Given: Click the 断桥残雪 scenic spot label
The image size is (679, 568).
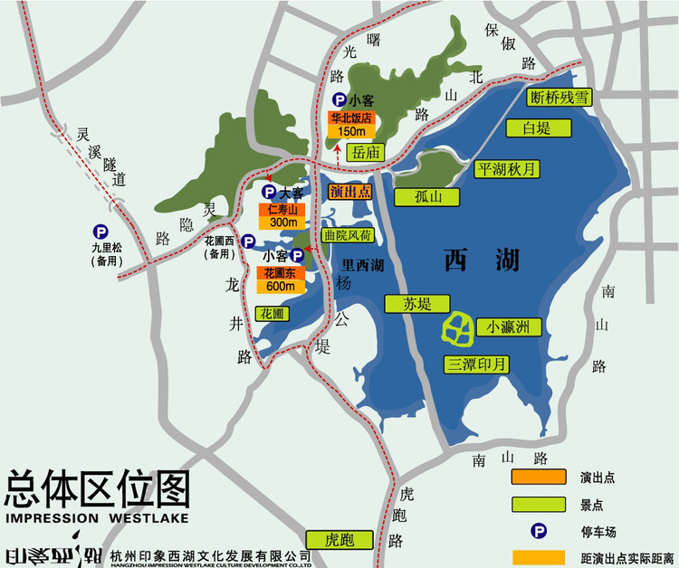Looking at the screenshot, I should coord(560,98).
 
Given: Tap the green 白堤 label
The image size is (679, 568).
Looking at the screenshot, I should coord(537,128).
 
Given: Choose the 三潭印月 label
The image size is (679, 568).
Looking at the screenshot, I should coord(477,364).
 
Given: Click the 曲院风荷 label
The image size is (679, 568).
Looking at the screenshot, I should coord(347,235).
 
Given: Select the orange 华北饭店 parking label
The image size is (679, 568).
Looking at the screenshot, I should coord(350,118).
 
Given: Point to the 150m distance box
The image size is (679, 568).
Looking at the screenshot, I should coord(350,131).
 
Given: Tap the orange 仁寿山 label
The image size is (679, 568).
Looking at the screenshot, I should coord(283,209).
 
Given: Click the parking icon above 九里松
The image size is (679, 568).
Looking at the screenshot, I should coord(99,231).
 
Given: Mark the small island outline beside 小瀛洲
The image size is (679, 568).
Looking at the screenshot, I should coord(458,329).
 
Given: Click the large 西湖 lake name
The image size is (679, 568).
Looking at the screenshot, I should coord(483,260).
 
